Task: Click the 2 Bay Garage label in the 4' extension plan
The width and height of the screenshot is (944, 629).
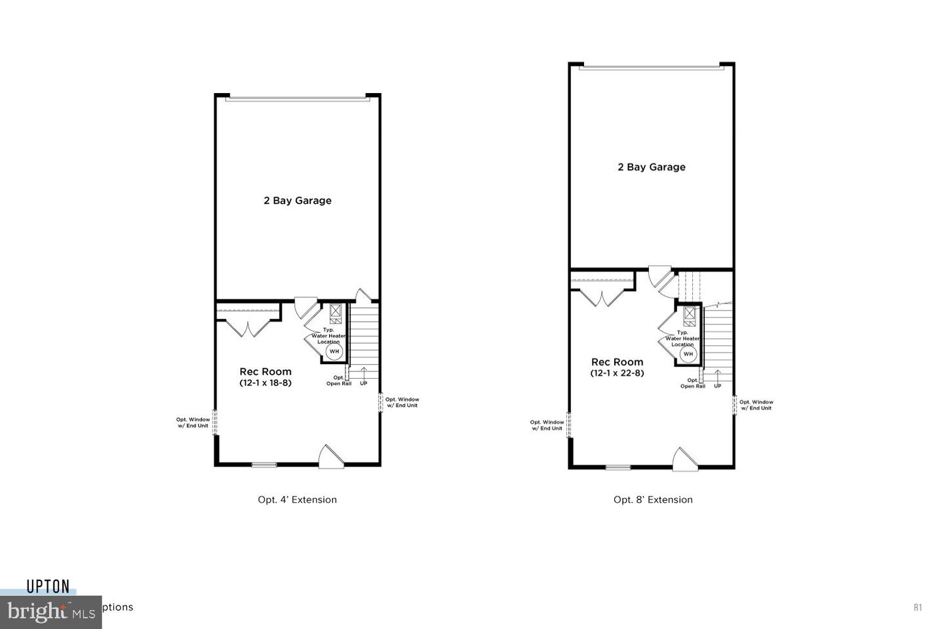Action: pos(298,200)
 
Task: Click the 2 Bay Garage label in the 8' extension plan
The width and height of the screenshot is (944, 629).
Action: pos(652,167)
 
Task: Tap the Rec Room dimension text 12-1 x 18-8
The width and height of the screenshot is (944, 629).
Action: pos(265,383)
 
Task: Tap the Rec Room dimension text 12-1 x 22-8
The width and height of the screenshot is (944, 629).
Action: pos(617,373)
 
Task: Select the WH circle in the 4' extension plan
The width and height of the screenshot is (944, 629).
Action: pos(334,351)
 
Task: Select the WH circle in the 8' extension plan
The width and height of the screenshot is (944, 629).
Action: pos(688,354)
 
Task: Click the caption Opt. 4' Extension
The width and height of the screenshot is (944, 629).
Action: pos(297,499)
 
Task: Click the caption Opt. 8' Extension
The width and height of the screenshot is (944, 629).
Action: pos(653,499)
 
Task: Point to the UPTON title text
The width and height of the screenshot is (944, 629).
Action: pos(48,586)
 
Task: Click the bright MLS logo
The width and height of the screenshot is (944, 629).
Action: pos(50,612)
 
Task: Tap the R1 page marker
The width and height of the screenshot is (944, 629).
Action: pos(918,607)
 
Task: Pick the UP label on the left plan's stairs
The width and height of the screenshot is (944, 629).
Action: pos(363,383)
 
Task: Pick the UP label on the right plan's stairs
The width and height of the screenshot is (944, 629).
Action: pos(717,386)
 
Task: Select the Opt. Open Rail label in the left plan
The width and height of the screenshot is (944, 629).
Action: pos(339,381)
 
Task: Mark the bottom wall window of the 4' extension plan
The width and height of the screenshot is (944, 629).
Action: pos(264,465)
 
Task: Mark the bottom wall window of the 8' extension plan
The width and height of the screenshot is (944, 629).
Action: pos(618,467)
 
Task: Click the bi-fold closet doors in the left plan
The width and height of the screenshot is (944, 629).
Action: pos(248,327)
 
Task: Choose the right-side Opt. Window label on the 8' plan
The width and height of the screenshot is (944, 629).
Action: pos(757,405)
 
